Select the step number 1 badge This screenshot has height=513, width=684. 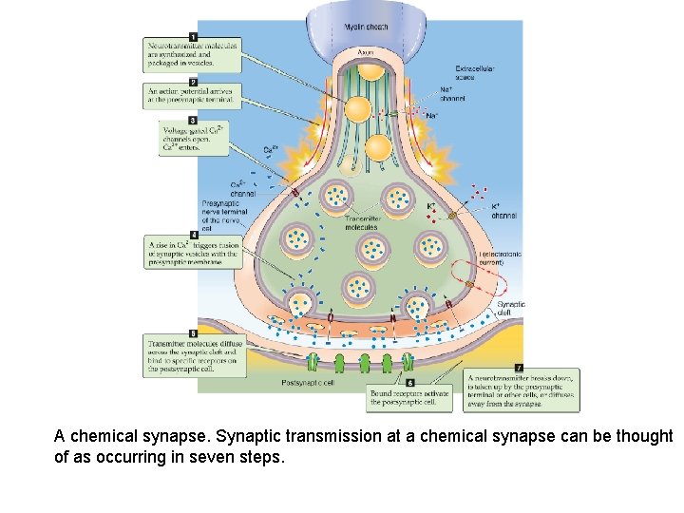[193, 36]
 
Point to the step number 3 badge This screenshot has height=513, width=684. [193, 121]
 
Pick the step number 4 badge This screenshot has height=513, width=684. [193, 234]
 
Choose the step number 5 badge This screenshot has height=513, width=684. [193, 333]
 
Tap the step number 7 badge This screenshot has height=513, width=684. [519, 367]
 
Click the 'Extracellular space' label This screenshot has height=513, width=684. [475, 72]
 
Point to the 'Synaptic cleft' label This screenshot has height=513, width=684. [511, 308]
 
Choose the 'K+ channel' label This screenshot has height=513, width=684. [503, 211]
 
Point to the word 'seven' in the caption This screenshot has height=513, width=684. [218, 457]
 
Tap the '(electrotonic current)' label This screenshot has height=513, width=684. [502, 257]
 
